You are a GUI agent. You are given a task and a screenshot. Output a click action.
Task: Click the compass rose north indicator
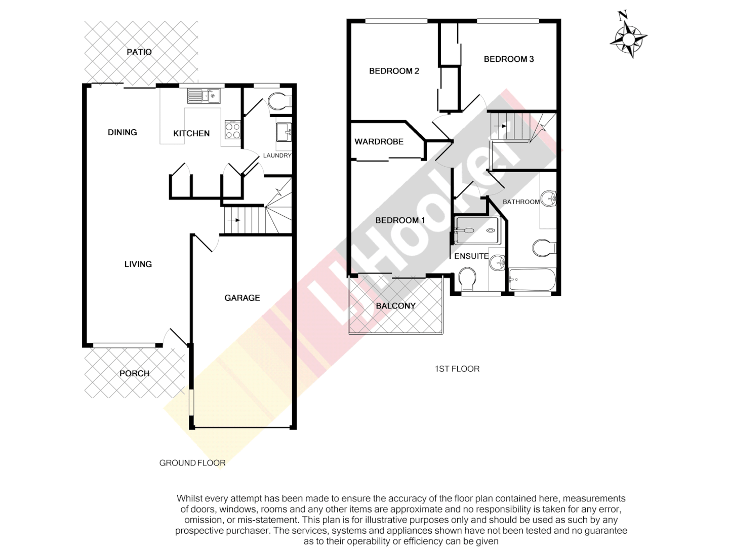tap(628, 36)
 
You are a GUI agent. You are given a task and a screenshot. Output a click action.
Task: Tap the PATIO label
tap(139, 52)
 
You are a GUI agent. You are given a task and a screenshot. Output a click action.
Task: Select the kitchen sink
tap(204, 95)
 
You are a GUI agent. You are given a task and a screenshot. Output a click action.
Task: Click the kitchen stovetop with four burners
tap(232, 130)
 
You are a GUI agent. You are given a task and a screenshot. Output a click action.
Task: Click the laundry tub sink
tap(284, 132)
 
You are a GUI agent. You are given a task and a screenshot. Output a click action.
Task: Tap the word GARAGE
tap(242, 298)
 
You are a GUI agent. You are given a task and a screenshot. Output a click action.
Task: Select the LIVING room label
tap(138, 264)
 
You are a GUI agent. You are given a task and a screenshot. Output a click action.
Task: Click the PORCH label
tap(134, 373)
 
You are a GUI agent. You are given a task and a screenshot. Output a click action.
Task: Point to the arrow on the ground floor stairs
tap(234, 220)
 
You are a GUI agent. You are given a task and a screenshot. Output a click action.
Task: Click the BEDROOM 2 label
tap(394, 71)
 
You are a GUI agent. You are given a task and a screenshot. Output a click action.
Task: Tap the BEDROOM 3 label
tap(508, 59)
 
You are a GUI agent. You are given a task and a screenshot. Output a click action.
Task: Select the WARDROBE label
tap(379, 142)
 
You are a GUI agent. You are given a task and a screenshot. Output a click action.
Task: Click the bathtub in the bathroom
tap(532, 280)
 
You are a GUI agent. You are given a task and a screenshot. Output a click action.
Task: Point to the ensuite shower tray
tap(476, 230)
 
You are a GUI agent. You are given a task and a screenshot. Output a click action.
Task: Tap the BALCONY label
tap(395, 306)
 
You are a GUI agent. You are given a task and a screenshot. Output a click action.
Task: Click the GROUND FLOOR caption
tap(192, 462)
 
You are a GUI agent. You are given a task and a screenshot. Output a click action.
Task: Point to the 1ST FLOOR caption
tap(457, 369)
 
